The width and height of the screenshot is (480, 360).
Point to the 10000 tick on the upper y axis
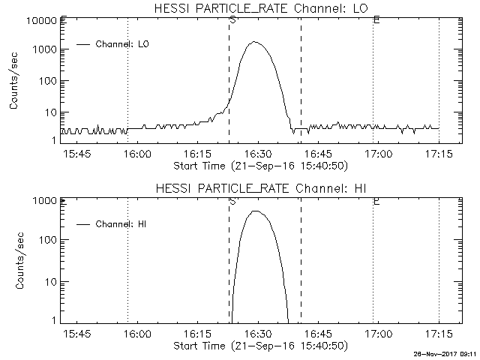click(37, 20)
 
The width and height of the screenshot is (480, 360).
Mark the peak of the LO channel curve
click(255, 42)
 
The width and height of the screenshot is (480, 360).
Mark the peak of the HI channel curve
click(256, 211)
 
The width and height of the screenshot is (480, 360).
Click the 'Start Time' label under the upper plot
click(259, 166)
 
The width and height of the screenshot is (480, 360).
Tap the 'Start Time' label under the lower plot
click(259, 346)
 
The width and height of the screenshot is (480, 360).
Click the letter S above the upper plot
click(232, 19)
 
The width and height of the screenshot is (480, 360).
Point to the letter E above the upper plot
click(376, 19)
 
